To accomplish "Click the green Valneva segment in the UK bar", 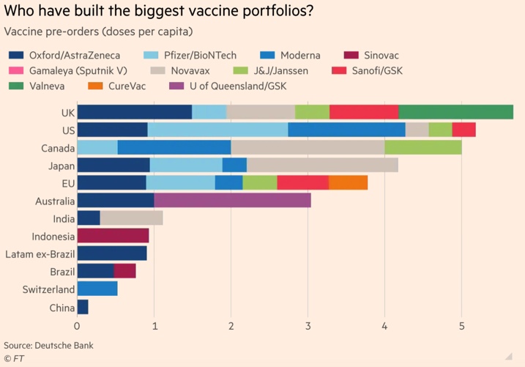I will [x=455, y=111].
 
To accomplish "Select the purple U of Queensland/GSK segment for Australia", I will [x=232, y=200].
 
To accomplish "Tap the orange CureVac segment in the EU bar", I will [x=348, y=182].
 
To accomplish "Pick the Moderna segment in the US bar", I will [x=346, y=130].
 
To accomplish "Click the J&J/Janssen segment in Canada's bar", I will [x=422, y=147].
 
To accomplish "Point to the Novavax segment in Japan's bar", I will [x=322, y=165].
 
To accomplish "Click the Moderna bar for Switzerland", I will [x=97, y=289].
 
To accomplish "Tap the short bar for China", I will [x=82, y=306].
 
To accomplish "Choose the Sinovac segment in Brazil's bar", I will [x=124, y=271].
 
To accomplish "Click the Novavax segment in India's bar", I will [x=131, y=218].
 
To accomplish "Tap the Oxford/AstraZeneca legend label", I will [x=74, y=56].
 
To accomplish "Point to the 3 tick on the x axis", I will [x=308, y=326].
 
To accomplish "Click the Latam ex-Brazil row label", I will [x=40, y=253].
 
